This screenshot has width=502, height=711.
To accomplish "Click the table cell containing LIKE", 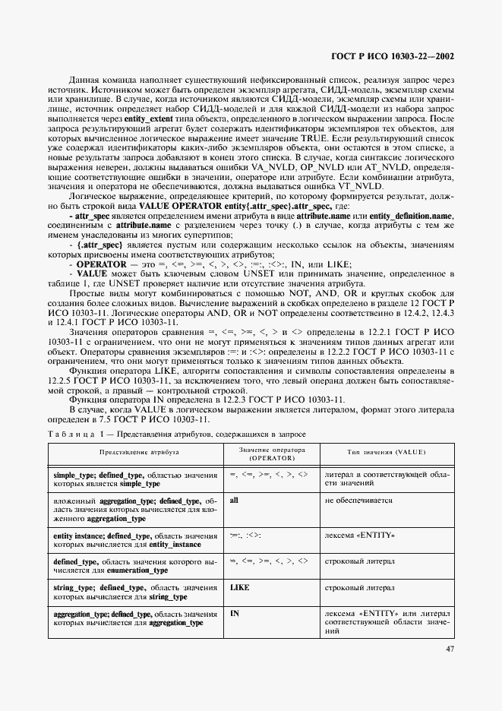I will (x=239, y=588).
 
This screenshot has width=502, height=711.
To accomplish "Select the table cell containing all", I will (x=234, y=501).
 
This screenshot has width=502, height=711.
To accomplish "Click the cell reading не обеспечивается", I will (x=358, y=501).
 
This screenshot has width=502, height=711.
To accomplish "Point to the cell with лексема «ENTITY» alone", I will (x=359, y=536).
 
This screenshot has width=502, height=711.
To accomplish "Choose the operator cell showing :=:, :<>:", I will (x=245, y=536).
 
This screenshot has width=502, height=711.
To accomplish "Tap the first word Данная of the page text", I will (x=84, y=78).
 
